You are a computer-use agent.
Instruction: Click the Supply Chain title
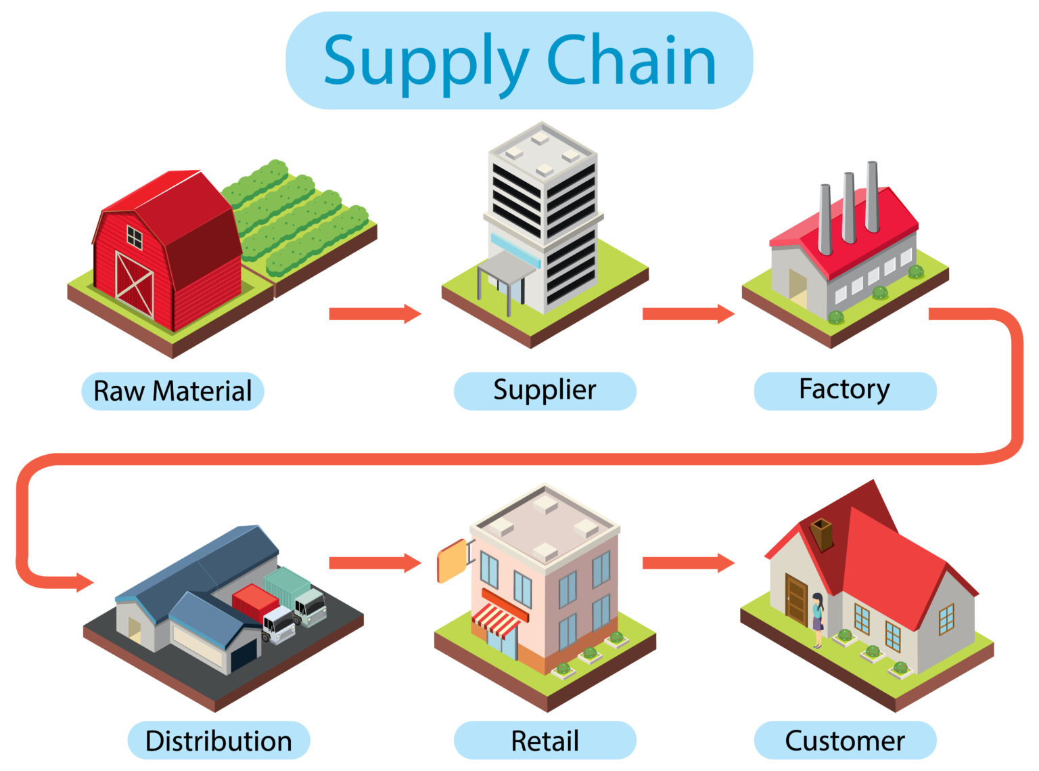coord(519,61)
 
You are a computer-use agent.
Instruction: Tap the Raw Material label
coord(172,391)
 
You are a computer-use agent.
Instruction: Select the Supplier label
coord(545,391)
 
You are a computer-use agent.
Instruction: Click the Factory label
coord(844,391)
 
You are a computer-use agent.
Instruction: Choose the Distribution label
coord(218,741)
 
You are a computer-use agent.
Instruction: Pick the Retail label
coord(545,741)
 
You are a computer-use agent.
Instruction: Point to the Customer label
coord(844,741)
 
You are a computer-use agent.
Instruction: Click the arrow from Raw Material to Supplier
coord(375,314)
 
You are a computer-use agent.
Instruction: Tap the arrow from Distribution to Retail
coord(375,563)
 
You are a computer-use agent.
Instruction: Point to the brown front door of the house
coord(796,599)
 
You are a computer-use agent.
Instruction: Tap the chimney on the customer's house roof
coord(822,534)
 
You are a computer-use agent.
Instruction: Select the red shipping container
coord(255,602)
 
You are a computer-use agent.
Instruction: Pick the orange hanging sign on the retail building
coord(451,561)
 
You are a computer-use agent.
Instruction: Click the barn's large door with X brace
coord(135,284)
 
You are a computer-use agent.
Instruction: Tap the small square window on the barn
coord(135,238)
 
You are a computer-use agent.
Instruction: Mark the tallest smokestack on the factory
coord(872,196)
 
